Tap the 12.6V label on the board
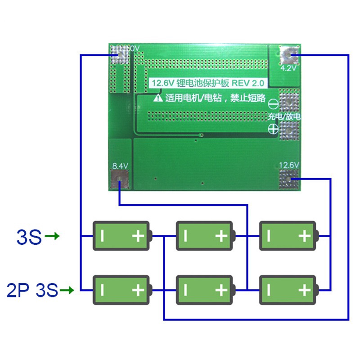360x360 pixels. click(x=289, y=166)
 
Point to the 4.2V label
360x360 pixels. click(x=288, y=69)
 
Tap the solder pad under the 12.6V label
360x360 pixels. click(x=289, y=180)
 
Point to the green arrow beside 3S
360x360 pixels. click(x=53, y=236)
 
